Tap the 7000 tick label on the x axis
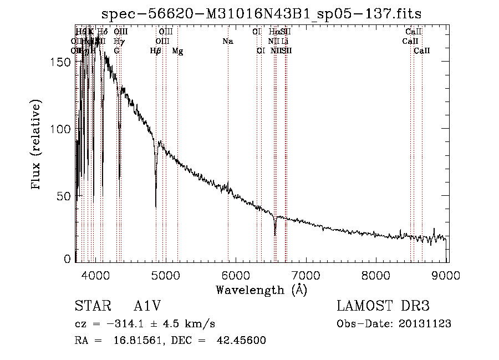tap(307, 273)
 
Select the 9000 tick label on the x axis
tap(447, 273)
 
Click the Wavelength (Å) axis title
tap(261, 289)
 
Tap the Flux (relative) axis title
tap(37, 145)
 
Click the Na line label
tap(227, 42)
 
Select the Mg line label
tap(177, 51)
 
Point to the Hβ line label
tap(156, 51)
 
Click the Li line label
tap(284, 42)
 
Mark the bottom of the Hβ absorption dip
tap(156, 206)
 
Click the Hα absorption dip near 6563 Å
tap(275, 233)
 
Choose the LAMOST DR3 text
tap(383, 306)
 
